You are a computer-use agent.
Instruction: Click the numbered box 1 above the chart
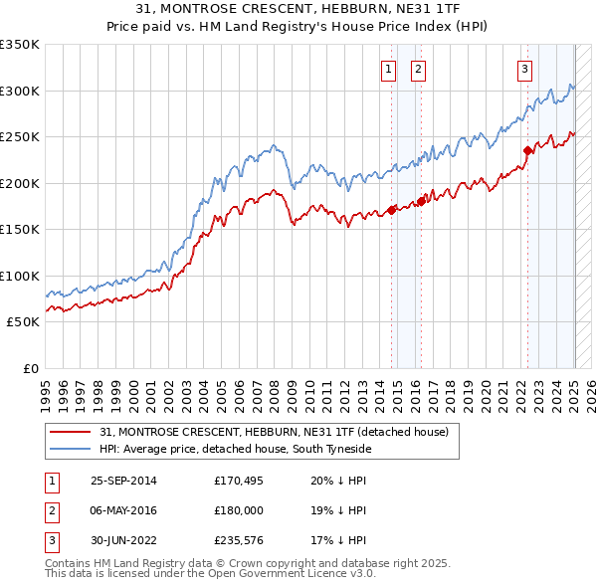[387, 69]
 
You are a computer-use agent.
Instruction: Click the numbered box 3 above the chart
[523, 69]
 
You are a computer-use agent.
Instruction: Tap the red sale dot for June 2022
[526, 151]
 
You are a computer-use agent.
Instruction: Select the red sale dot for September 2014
[392, 210]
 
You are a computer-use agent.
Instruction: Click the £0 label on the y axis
[29, 368]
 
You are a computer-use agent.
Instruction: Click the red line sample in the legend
[70, 433]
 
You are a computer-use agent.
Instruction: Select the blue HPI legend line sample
[70, 449]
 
